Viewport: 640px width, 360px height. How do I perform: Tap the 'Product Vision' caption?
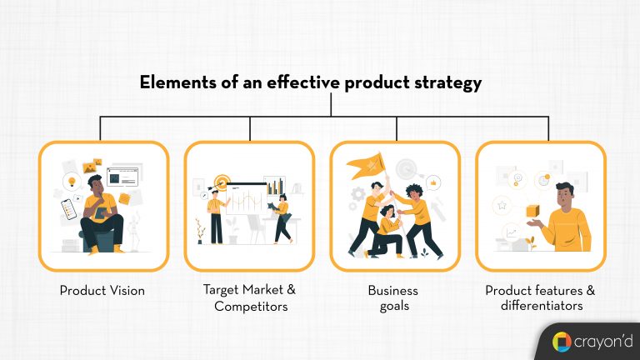pyautogui.click(x=102, y=291)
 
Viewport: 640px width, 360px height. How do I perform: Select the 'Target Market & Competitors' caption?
pyautogui.click(x=249, y=298)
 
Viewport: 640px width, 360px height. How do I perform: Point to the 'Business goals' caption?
pyautogui.click(x=393, y=298)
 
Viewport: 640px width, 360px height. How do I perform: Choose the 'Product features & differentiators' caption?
pyautogui.click(x=541, y=298)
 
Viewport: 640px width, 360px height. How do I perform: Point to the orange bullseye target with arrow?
pyautogui.click(x=222, y=181)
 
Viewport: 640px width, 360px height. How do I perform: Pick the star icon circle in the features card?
pyautogui.click(x=502, y=203)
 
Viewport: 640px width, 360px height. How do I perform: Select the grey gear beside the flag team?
pyautogui.click(x=359, y=198)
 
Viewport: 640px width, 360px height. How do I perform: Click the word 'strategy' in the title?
pyautogui.click(x=450, y=83)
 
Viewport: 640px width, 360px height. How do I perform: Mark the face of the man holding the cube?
pyautogui.click(x=564, y=196)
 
